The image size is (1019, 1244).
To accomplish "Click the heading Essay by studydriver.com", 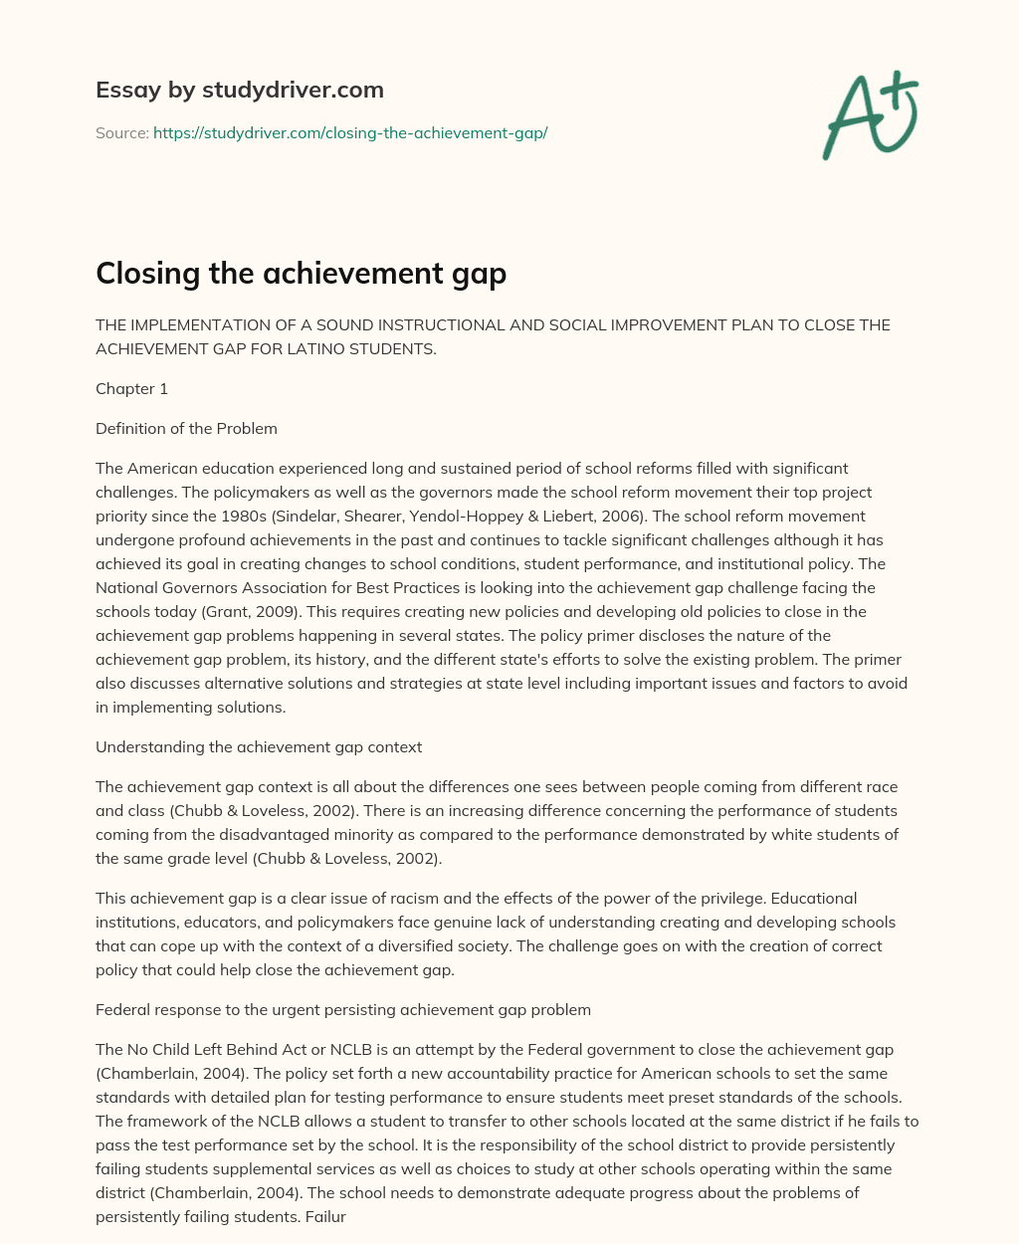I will pos(240,90).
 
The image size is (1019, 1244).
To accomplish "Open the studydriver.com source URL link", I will pos(350,132).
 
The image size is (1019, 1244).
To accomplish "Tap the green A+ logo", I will pos(871,114).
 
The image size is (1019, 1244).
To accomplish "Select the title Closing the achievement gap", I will pos(301,273).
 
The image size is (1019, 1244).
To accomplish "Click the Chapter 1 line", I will pos(131,389).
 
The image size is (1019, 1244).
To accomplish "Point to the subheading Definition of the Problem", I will pos(186,429).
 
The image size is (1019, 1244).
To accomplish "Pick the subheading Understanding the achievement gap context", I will pos(259,746).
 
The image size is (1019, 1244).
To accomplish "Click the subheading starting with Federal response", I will pos(343,1009).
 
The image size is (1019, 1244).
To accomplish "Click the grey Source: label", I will pos(121,132).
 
